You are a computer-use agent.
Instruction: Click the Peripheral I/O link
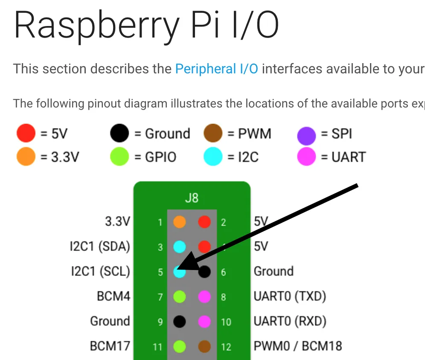click(x=216, y=69)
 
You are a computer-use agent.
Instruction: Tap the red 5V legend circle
click(x=26, y=134)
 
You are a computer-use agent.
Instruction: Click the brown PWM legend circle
click(x=213, y=134)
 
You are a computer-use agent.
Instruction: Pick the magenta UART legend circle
click(x=306, y=157)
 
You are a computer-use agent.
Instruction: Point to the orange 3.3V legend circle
click(x=26, y=157)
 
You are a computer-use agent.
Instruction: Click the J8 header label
click(x=192, y=198)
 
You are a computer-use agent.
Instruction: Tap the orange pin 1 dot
click(x=180, y=222)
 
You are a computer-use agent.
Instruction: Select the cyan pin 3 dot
click(x=180, y=247)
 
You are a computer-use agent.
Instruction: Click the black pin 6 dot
click(x=204, y=271)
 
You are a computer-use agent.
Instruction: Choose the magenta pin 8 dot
click(x=204, y=296)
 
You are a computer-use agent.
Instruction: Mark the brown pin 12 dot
click(x=204, y=346)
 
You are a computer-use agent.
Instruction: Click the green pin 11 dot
click(x=180, y=346)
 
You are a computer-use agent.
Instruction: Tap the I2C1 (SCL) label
click(x=100, y=271)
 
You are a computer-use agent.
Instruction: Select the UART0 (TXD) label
click(x=290, y=296)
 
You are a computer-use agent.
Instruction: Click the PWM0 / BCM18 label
click(x=298, y=345)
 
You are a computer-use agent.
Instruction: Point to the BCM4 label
click(x=114, y=296)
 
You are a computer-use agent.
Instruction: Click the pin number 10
click(x=226, y=321)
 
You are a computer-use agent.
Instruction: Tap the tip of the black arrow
click(x=177, y=269)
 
